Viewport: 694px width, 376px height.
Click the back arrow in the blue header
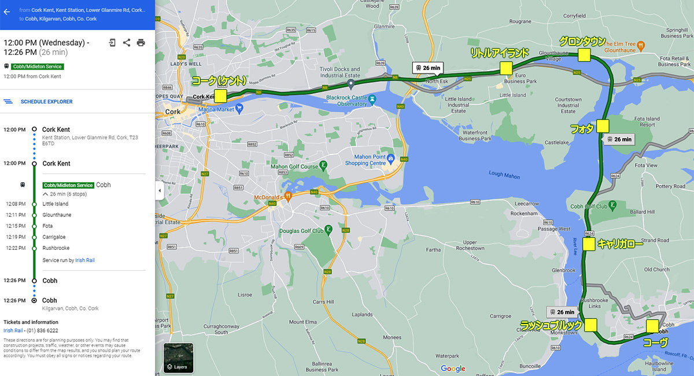pos(7,12)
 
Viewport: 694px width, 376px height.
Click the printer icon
pos(141,43)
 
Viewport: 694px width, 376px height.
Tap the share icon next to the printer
pos(127,43)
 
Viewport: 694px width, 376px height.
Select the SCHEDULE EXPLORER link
pos(46,102)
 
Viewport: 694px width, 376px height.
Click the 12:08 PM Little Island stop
pos(55,204)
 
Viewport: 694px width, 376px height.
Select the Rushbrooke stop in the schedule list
pos(56,248)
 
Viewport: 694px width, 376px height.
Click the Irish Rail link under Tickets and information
pos(13,330)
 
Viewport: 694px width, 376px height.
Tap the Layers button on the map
pos(178,358)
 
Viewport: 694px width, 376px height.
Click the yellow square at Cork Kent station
pos(220,95)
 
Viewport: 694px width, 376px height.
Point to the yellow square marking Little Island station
pos(507,68)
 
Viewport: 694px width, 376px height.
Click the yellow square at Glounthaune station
pos(584,55)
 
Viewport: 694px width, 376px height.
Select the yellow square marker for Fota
pos(603,126)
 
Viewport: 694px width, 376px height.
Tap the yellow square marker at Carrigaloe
pos(589,244)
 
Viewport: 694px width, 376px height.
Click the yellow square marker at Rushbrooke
pos(590,325)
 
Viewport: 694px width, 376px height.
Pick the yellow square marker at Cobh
pos(652,326)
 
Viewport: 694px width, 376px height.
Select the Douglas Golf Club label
pos(301,231)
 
